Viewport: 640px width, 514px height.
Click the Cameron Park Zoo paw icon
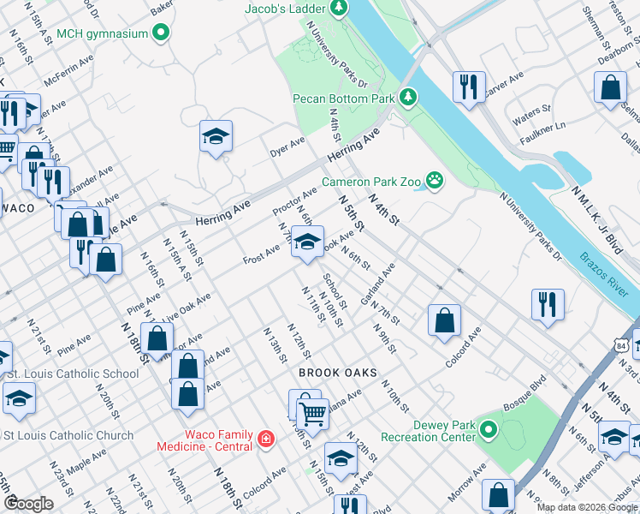[x=436, y=181]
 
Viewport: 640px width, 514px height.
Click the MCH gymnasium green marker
[x=160, y=34]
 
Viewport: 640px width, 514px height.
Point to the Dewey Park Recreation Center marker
[x=488, y=429]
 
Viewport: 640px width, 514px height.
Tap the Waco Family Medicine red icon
[x=266, y=439]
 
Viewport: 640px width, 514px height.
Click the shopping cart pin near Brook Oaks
[x=314, y=415]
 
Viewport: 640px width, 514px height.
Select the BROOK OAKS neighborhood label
[x=333, y=374]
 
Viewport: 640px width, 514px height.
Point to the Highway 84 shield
[x=620, y=344]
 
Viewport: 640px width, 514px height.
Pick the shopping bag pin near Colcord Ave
[x=444, y=321]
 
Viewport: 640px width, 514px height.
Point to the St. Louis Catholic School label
[x=73, y=374]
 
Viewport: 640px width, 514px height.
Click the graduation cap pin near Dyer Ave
[x=216, y=136]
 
